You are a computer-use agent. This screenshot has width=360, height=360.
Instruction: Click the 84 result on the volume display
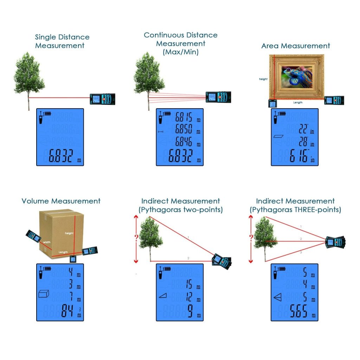pyautogui.click(x=66, y=311)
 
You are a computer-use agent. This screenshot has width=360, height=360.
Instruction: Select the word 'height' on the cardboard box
pyautogui.click(x=70, y=233)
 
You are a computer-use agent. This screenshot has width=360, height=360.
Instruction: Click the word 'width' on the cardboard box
pyautogui.click(x=47, y=242)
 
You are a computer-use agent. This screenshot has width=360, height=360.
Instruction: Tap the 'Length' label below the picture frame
pyautogui.click(x=298, y=103)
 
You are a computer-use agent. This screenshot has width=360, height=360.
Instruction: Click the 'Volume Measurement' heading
pyautogui.click(x=61, y=201)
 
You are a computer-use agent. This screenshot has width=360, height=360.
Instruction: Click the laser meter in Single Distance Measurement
pyautogui.click(x=102, y=99)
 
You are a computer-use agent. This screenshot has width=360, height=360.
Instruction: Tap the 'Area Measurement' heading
pyautogui.click(x=296, y=46)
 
